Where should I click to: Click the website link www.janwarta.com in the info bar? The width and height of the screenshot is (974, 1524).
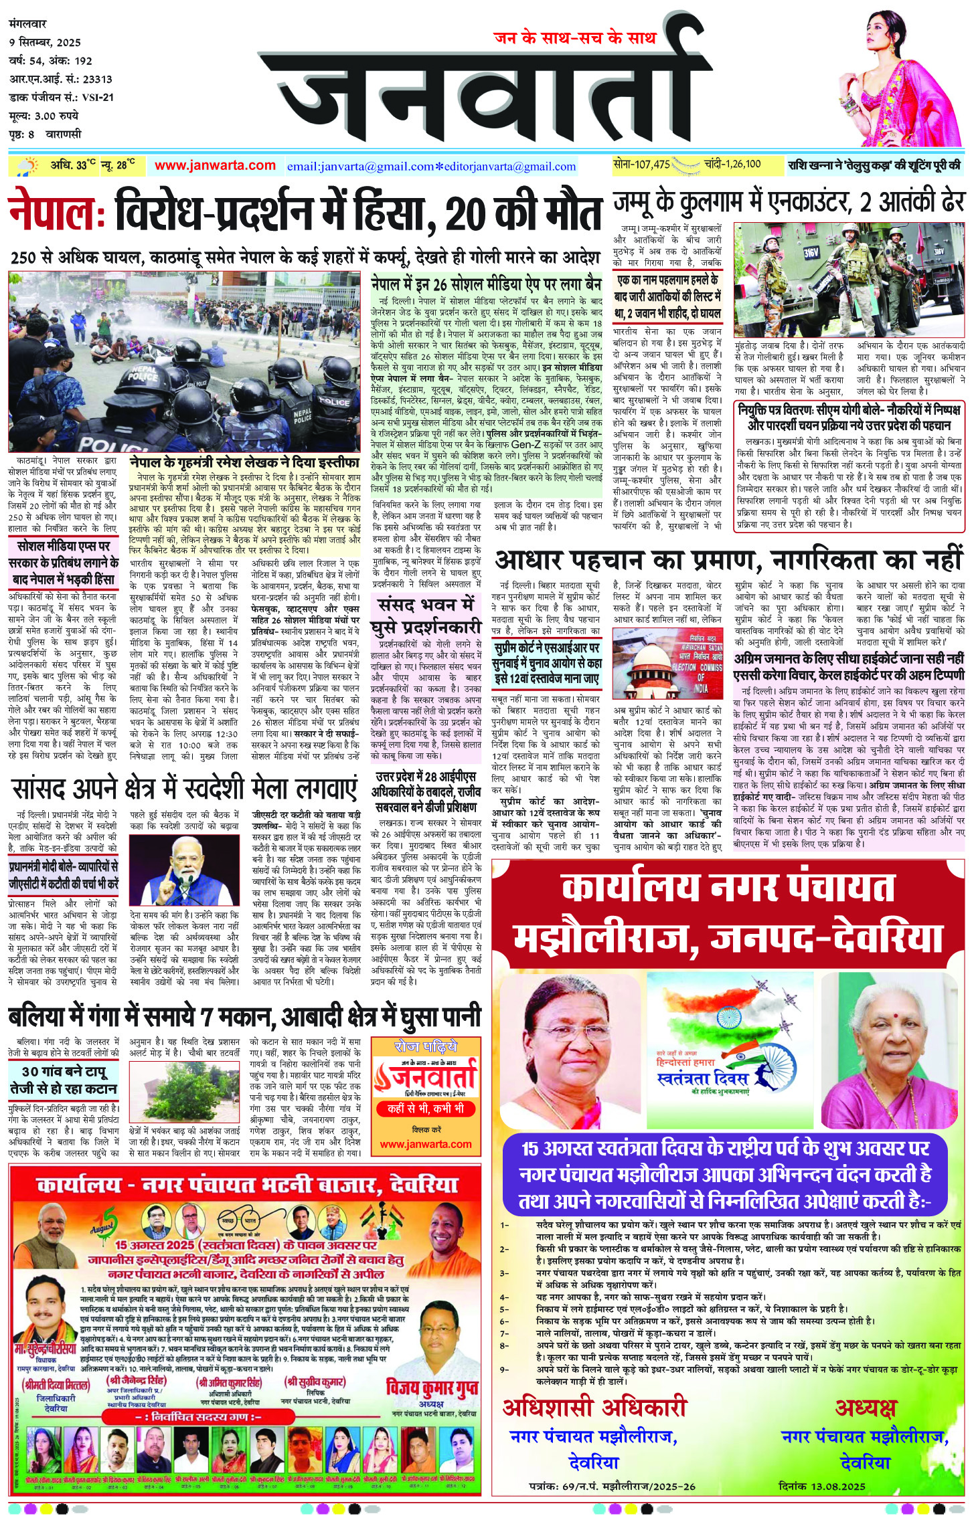tap(215, 166)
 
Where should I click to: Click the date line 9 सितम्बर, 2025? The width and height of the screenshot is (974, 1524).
tap(45, 43)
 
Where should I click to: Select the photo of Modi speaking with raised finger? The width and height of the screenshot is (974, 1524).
tap(183, 869)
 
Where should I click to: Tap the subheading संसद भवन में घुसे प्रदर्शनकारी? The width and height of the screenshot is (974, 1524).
tap(426, 617)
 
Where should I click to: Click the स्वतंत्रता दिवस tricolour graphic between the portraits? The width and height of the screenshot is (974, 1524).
tap(730, 1050)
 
